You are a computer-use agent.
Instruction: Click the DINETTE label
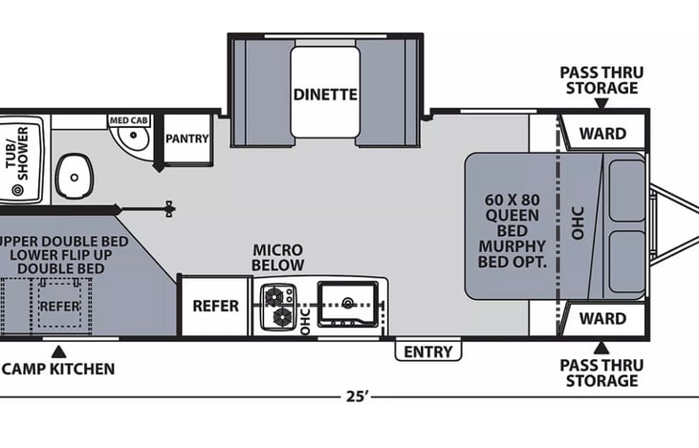point(325,95)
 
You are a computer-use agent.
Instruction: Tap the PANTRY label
point(186,139)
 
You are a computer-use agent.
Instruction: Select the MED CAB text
point(127,120)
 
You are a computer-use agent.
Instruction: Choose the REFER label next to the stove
point(215,307)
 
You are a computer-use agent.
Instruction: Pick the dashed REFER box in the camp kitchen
point(59,307)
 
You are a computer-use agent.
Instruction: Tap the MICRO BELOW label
point(278,257)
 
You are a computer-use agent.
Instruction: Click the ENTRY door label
point(427,352)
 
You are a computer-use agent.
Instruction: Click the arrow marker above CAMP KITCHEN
point(59,350)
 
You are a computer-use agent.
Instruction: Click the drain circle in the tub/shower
point(16,191)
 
